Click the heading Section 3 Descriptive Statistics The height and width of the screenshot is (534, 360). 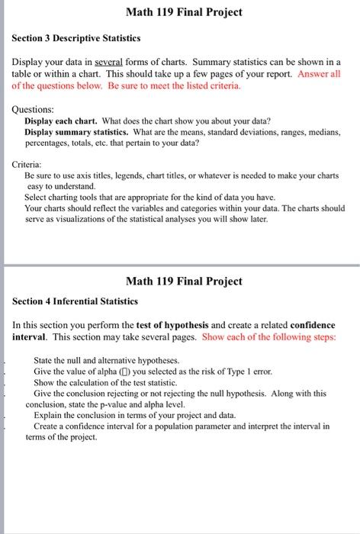point(76,37)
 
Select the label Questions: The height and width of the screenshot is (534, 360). point(35,109)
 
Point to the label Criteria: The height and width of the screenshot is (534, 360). point(31,163)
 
